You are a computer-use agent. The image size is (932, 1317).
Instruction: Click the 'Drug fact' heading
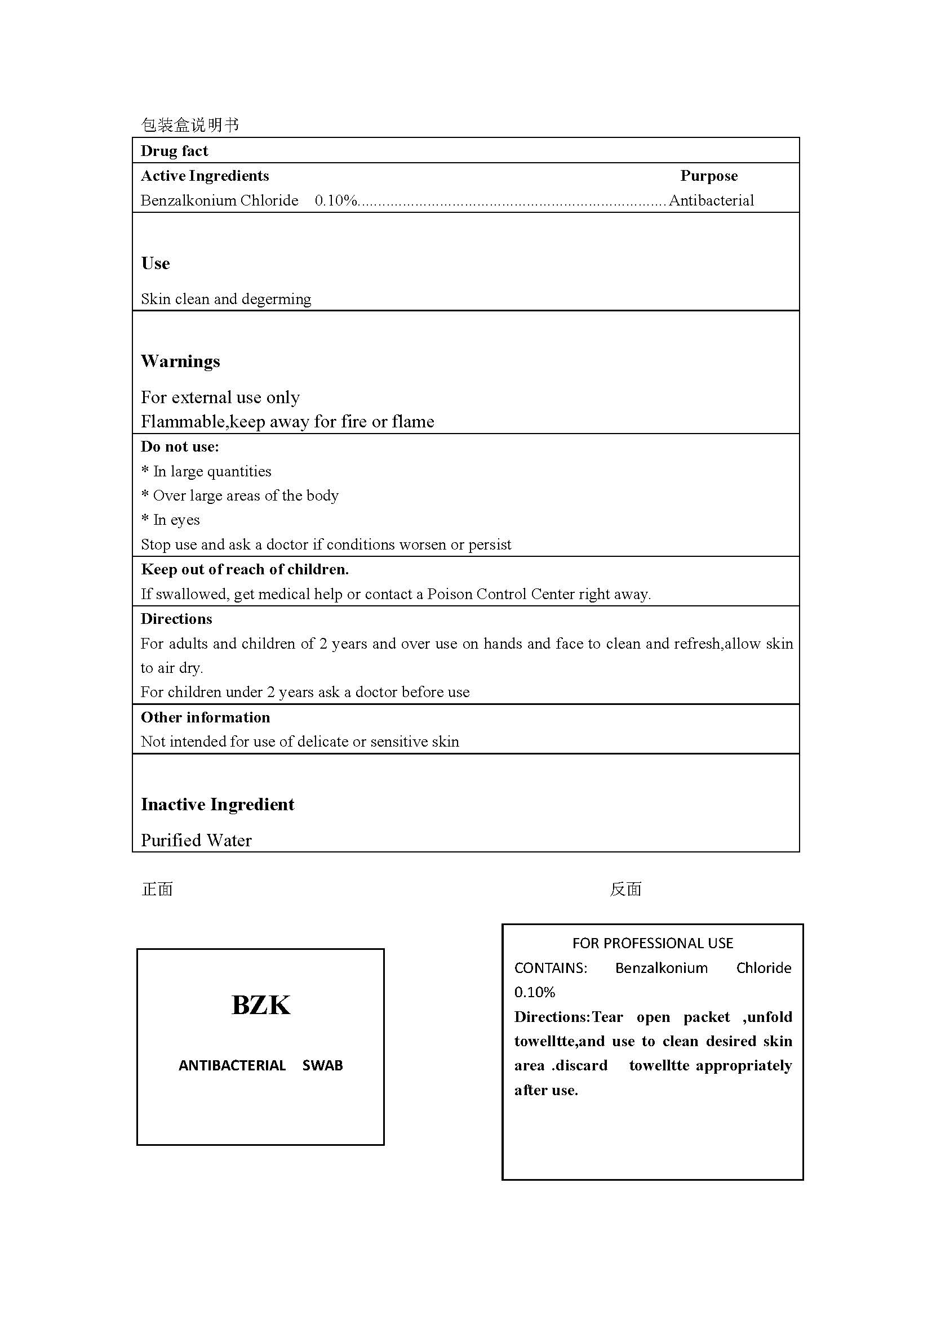click(174, 151)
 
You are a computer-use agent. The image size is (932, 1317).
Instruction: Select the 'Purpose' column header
click(709, 176)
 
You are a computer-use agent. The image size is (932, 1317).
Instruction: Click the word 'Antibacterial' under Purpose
click(711, 200)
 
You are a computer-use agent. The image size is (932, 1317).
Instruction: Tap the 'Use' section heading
click(156, 264)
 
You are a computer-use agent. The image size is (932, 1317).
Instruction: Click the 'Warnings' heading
click(180, 361)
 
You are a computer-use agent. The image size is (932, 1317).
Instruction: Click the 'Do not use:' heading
click(180, 447)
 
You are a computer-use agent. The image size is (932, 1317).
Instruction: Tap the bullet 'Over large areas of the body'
click(240, 495)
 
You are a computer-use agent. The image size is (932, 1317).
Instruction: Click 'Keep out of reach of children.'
click(245, 569)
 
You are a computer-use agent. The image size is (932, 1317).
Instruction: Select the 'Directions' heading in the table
click(176, 619)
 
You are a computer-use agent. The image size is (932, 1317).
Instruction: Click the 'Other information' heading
click(205, 717)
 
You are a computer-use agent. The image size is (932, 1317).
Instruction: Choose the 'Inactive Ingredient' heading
click(218, 804)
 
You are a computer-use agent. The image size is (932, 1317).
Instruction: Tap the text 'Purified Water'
click(196, 840)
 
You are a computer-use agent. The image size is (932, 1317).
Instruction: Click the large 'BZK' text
click(260, 1005)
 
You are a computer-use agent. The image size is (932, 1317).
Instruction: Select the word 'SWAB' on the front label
click(322, 1065)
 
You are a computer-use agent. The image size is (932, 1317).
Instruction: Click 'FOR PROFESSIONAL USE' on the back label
click(653, 943)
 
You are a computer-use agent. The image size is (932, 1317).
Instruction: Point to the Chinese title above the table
click(190, 125)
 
